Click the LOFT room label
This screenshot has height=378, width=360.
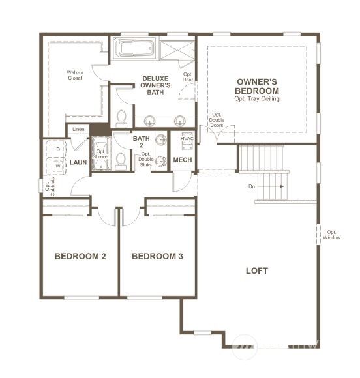click(256, 270)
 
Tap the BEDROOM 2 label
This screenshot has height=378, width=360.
click(80, 256)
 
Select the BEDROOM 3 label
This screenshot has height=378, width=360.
click(157, 256)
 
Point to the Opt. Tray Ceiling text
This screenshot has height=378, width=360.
click(257, 99)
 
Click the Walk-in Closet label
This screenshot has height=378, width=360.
click(75, 75)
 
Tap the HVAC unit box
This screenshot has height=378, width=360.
click(187, 141)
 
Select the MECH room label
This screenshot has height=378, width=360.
click(182, 160)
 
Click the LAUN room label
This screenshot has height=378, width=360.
click(78, 162)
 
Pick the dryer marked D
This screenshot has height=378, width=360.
click(58, 150)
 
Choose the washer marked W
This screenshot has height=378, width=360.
click(58, 166)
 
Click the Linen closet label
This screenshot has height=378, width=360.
click(78, 129)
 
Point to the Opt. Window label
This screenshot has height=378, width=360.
click(332, 234)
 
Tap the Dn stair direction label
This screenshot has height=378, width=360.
click(252, 186)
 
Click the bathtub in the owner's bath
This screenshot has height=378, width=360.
click(134, 50)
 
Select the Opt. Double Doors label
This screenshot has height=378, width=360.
click(217, 121)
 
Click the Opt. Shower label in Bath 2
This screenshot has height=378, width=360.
click(100, 154)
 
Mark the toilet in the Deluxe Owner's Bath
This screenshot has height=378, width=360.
click(121, 118)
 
